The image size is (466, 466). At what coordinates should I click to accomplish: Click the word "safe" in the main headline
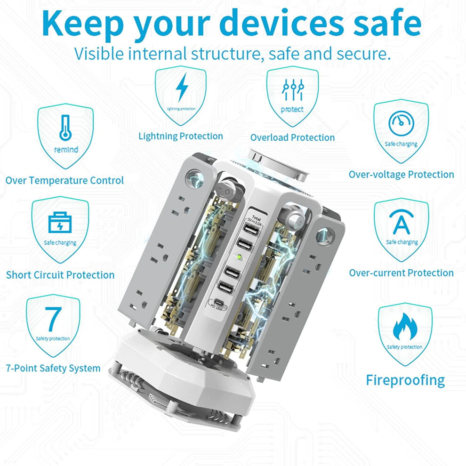pyautogui.click(x=387, y=23)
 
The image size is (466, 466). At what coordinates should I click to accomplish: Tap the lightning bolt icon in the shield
pyautogui.click(x=182, y=88)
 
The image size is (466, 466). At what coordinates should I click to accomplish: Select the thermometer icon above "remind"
pyautogui.click(x=65, y=128)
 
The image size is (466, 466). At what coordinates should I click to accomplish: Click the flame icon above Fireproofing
pyautogui.click(x=405, y=326)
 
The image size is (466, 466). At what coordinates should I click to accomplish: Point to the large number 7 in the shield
pyautogui.click(x=53, y=319)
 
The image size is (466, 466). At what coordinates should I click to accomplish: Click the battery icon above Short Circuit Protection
pyautogui.click(x=60, y=222)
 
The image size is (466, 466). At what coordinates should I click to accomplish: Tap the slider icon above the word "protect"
pyautogui.click(x=293, y=89)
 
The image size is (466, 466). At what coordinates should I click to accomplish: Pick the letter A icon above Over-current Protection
pyautogui.click(x=401, y=222)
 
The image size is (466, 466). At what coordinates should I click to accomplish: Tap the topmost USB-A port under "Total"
pyautogui.click(x=251, y=230)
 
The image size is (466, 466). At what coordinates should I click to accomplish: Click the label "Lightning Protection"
pyautogui.click(x=181, y=137)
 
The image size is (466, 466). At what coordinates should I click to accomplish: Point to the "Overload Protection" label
pyautogui.click(x=292, y=137)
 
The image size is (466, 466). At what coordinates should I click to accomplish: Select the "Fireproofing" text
pyautogui.click(x=405, y=380)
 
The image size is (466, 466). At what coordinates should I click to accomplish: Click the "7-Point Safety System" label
pyautogui.click(x=53, y=369)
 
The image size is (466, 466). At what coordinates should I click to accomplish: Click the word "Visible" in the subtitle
pyautogui.click(x=99, y=54)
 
